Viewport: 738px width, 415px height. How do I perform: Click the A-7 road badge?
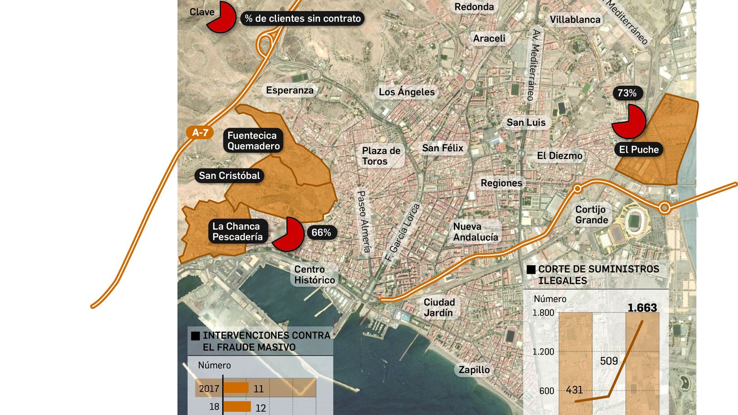pyautogui.click(x=200, y=133)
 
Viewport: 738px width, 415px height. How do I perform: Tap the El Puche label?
pyautogui.click(x=639, y=149)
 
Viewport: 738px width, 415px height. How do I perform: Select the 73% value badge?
pyautogui.click(x=627, y=93)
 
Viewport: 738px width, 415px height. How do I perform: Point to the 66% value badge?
pyautogui.click(x=321, y=232)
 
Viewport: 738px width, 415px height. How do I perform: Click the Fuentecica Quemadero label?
pyautogui.click(x=253, y=141)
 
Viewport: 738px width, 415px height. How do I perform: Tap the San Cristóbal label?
pyautogui.click(x=229, y=175)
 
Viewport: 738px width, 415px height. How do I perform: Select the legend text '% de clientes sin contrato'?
pyautogui.click(x=303, y=18)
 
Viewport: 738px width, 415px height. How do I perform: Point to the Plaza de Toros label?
pyautogui.click(x=381, y=156)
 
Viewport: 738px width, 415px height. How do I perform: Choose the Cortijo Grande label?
pyautogui.click(x=591, y=214)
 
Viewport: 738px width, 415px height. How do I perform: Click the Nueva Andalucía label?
pyautogui.click(x=476, y=232)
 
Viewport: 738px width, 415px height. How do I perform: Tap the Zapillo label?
pyautogui.click(x=474, y=369)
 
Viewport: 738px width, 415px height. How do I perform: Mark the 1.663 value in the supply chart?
pyautogui.click(x=642, y=308)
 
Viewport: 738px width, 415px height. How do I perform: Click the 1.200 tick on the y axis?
pyautogui.click(x=543, y=351)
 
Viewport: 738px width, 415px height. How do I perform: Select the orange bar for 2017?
pyautogui.click(x=236, y=388)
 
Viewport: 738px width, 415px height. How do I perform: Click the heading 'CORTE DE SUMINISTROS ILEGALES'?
pyautogui.click(x=598, y=275)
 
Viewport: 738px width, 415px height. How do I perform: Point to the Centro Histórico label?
pyautogui.click(x=315, y=275)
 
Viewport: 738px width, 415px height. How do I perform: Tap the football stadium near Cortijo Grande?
pyautogui.click(x=637, y=219)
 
